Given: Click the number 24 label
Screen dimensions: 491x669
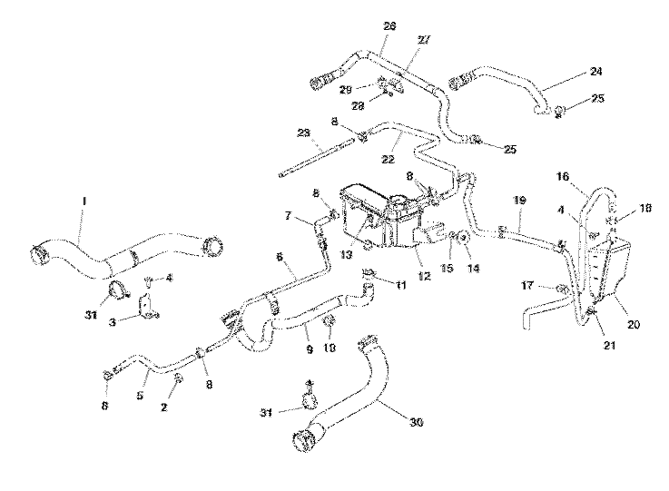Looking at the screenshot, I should (x=596, y=70).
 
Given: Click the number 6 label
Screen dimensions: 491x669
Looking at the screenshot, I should (x=280, y=257).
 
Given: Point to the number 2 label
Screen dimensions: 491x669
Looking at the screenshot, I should (x=164, y=408).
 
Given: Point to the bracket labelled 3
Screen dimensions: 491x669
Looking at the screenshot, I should (x=146, y=306).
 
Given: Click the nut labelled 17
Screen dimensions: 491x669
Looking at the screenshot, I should (x=563, y=290).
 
